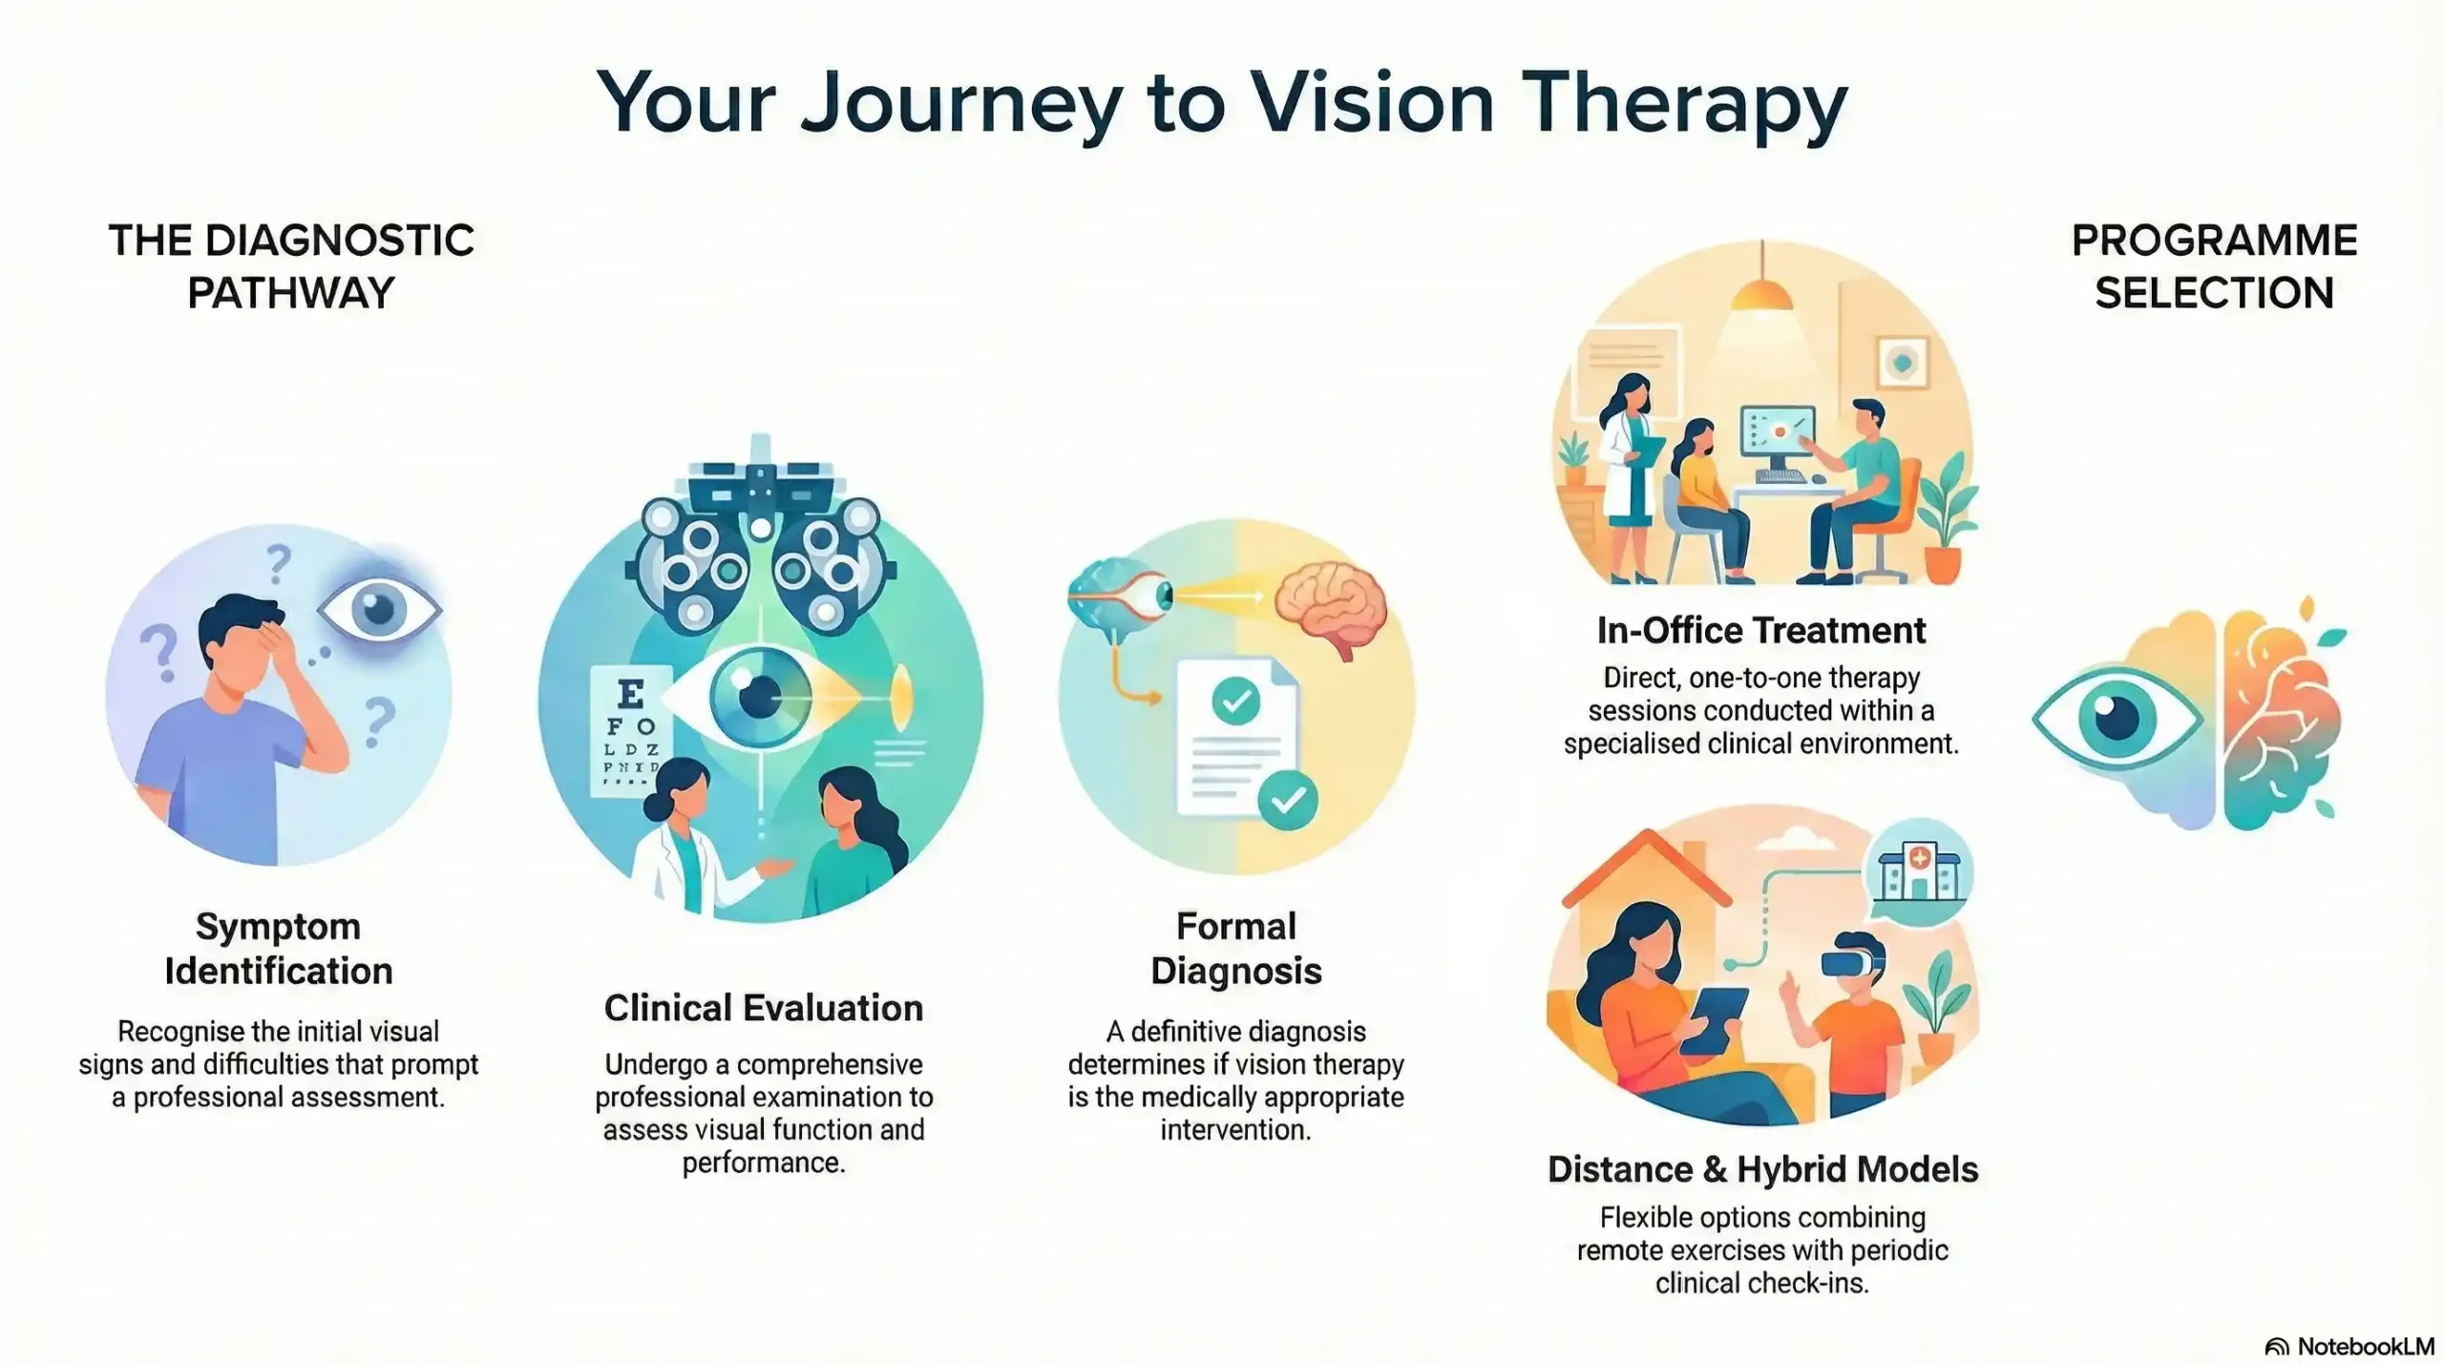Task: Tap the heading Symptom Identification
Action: [x=278, y=948]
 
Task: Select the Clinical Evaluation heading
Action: [x=763, y=1008]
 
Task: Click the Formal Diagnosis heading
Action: [x=1235, y=948]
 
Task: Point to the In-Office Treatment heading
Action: [x=1760, y=630]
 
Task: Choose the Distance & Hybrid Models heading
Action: [x=1762, y=1169]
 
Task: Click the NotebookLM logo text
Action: [x=2364, y=1346]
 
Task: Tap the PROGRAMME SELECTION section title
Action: [x=2214, y=266]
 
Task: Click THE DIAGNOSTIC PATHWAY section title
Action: [x=291, y=266]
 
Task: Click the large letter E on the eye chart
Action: [x=630, y=694]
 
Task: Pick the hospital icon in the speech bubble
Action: [x=1919, y=873]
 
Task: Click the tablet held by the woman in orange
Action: [x=1715, y=1019]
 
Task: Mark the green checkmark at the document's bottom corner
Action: [x=1288, y=800]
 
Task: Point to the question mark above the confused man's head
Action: [x=278, y=563]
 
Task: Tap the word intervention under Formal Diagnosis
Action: [x=1235, y=1130]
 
